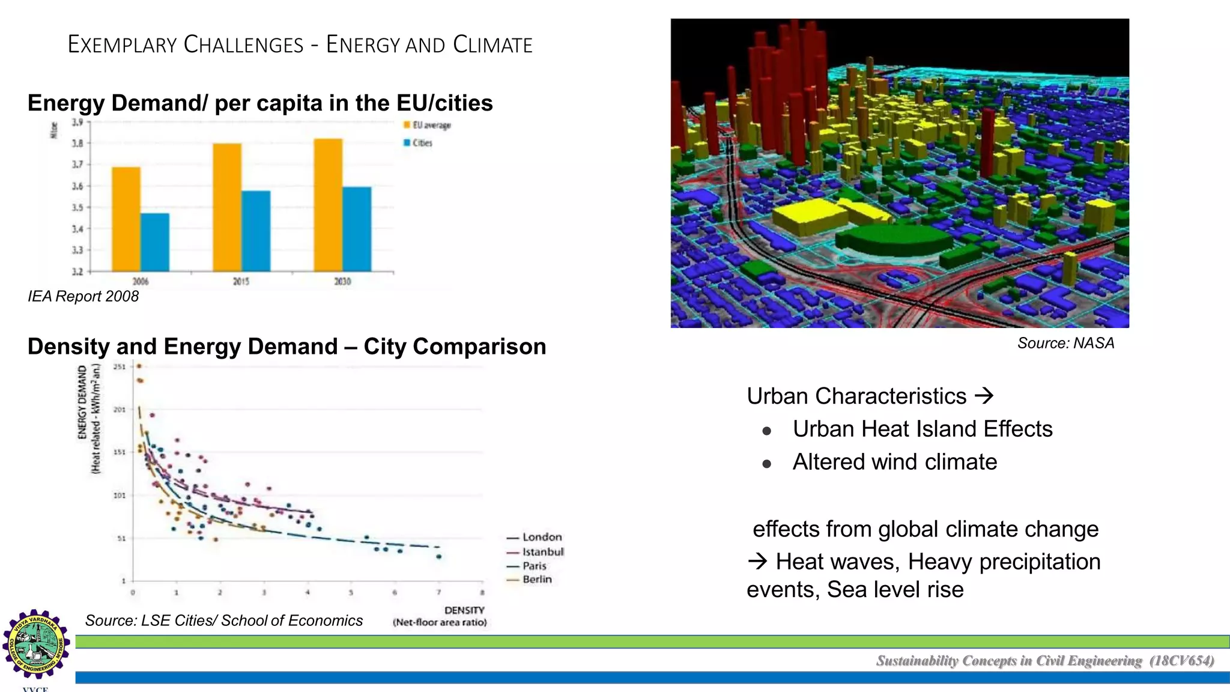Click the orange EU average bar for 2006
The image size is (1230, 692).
coord(126,219)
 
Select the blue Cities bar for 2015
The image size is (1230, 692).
coord(256,231)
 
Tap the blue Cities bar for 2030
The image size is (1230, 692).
coord(357,229)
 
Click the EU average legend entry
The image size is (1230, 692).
coord(427,125)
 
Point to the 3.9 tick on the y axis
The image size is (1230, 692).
coord(77,123)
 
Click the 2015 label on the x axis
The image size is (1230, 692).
coord(241,281)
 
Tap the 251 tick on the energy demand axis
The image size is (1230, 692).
coord(120,366)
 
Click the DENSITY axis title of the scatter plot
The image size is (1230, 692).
coord(464,610)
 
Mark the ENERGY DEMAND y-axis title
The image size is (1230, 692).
coord(83,402)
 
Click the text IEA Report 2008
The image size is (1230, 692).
coord(83,296)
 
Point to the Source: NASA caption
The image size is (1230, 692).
coord(1065,343)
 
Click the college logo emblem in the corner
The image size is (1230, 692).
coord(36,645)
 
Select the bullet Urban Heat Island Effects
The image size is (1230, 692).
coord(922,429)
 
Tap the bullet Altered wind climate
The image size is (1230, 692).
coord(894,462)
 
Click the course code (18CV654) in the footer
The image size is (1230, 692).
coord(1181,661)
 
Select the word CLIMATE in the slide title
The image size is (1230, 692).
coord(492,45)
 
